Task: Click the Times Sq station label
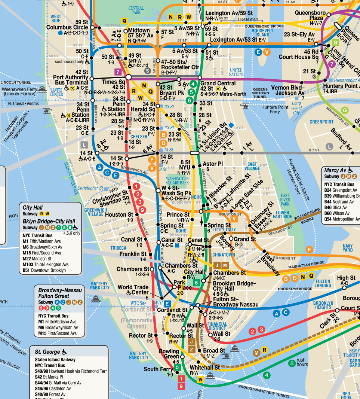pyautogui.click(x=114, y=82)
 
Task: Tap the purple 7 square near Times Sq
pyautogui.click(x=118, y=71)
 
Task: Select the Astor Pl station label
pyautogui.click(x=212, y=164)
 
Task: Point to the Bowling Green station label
pyautogui.click(x=169, y=354)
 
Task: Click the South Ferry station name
pyautogui.click(x=159, y=369)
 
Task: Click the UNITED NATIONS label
pyautogui.click(x=236, y=72)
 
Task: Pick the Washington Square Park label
pyautogui.click(x=177, y=180)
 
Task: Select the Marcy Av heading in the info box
pyautogui.click(x=335, y=170)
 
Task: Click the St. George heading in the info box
pyautogui.click(x=47, y=352)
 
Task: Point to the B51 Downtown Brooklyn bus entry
pyautogui.click(x=44, y=270)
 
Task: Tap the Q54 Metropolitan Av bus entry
pyautogui.click(x=342, y=219)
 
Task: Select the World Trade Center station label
pyautogui.click(x=133, y=290)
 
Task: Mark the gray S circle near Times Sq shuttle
pyautogui.click(x=148, y=70)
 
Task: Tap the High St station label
pyautogui.click(x=346, y=278)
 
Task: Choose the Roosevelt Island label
pyautogui.click(x=262, y=33)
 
